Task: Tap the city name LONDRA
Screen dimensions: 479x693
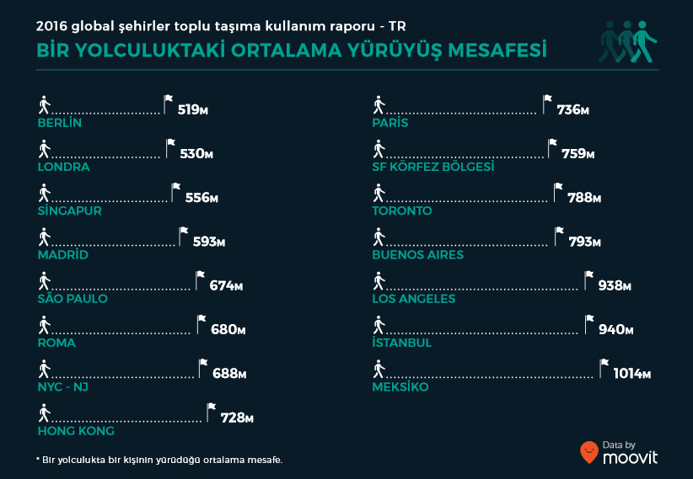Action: (64, 167)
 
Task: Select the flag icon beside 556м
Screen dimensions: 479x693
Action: (175, 191)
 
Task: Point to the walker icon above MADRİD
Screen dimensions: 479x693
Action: (45, 237)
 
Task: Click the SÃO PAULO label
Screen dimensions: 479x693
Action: (73, 299)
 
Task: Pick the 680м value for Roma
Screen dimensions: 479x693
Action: (227, 329)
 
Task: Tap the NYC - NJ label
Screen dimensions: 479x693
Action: (63, 386)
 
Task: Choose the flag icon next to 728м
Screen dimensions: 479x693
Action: (211, 411)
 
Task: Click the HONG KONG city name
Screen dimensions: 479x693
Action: (76, 431)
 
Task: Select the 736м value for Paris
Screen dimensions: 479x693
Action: (572, 109)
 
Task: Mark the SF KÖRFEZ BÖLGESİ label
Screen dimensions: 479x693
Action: (433, 167)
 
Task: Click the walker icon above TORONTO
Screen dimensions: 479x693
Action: (379, 193)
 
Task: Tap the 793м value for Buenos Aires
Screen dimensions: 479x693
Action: (584, 242)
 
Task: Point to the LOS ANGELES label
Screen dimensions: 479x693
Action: (414, 299)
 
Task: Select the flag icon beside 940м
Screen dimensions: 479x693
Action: (589, 323)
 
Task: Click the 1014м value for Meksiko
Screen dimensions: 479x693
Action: (631, 374)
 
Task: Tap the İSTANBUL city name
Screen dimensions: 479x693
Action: (402, 343)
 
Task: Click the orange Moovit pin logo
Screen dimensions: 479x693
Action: (589, 452)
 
